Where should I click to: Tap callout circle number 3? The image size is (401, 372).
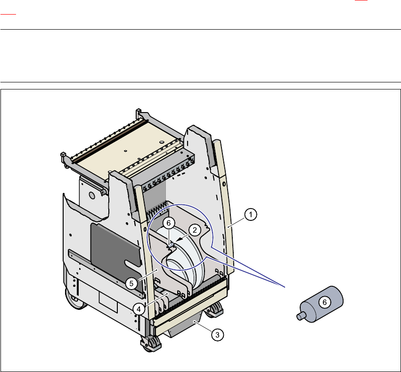pyautogui.click(x=217, y=335)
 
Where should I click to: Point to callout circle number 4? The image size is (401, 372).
pyautogui.click(x=138, y=308)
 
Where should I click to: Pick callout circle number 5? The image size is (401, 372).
pyautogui.click(x=132, y=283)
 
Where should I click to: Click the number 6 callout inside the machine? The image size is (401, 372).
pyautogui.click(x=170, y=222)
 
